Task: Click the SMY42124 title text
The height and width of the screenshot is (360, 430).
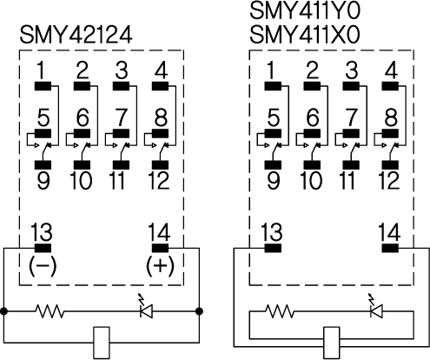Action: pyautogui.click(x=76, y=35)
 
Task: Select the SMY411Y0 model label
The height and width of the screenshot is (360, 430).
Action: pyautogui.click(x=305, y=10)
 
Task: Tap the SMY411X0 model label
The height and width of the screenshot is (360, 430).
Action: pyautogui.click(x=305, y=35)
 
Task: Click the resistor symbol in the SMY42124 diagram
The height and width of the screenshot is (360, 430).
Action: pyautogui.click(x=50, y=311)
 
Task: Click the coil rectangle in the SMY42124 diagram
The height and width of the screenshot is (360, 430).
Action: pyautogui.click(x=102, y=343)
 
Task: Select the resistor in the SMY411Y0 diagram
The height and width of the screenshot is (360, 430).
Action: pyautogui.click(x=280, y=311)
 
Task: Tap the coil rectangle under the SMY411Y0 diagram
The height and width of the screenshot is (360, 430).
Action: pyautogui.click(x=332, y=343)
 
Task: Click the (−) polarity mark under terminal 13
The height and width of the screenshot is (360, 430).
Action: pyautogui.click(x=43, y=266)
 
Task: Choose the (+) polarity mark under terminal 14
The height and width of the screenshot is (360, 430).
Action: pyautogui.click(x=160, y=266)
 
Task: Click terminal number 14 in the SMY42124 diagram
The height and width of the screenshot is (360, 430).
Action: pyautogui.click(x=159, y=232)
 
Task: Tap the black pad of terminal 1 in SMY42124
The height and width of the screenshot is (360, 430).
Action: pyautogui.click(x=43, y=86)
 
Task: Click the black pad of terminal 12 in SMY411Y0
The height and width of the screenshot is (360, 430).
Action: pyautogui.click(x=390, y=164)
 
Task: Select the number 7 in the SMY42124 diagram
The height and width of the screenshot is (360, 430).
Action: pyautogui.click(x=121, y=117)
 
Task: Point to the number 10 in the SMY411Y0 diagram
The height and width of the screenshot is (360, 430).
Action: pyautogui.click(x=311, y=181)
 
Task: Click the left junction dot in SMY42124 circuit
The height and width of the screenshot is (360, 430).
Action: pyautogui.click(x=3, y=311)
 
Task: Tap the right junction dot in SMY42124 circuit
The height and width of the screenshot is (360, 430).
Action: pyautogui.click(x=199, y=311)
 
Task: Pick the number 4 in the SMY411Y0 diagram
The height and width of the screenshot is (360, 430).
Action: pyautogui.click(x=392, y=70)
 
